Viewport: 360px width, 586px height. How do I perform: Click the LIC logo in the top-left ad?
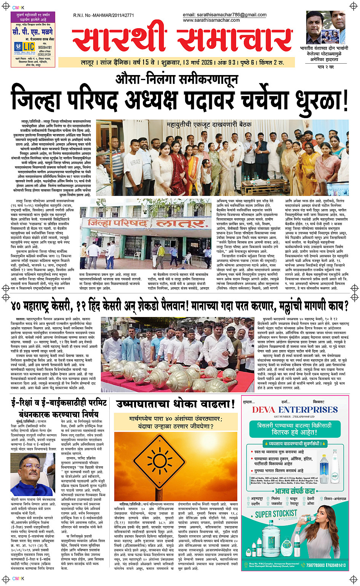click(x=29, y=46)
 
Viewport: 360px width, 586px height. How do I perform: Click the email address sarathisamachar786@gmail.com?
click(x=224, y=15)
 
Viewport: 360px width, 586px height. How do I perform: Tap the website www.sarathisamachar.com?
click(x=211, y=20)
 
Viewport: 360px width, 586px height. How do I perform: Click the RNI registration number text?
click(x=104, y=16)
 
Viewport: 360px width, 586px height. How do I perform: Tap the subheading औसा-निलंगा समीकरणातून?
click(x=177, y=79)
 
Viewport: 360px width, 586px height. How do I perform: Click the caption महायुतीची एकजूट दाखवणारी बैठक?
click(x=209, y=124)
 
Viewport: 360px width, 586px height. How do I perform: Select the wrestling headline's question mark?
click(x=345, y=306)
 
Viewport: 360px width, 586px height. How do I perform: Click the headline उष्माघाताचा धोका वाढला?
click(x=175, y=403)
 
